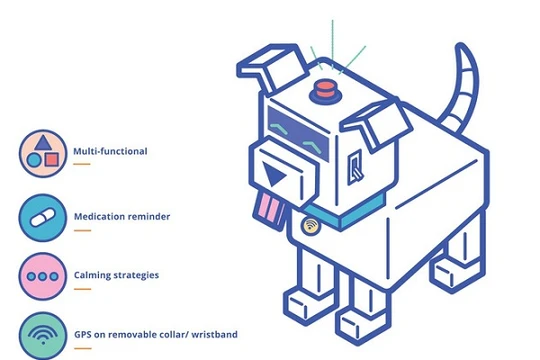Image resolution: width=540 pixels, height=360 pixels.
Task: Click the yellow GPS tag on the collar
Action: (x=313, y=226)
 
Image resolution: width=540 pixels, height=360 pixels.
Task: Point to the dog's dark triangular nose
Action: (x=274, y=178)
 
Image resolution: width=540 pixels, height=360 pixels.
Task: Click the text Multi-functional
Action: (x=110, y=152)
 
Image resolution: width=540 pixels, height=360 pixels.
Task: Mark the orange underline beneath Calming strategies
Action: (x=81, y=289)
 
